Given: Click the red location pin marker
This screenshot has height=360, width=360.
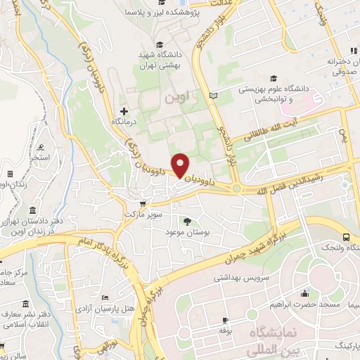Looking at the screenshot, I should pyautogui.click(x=181, y=165).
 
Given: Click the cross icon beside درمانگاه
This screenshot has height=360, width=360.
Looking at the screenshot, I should pyautogui.click(x=124, y=111).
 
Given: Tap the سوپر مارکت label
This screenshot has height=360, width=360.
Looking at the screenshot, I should pyautogui.click(x=143, y=212).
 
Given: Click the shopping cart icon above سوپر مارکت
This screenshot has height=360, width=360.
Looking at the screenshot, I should pyautogui.click(x=143, y=203).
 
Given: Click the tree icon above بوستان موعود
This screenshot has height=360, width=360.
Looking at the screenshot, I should pyautogui.click(x=187, y=221).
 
